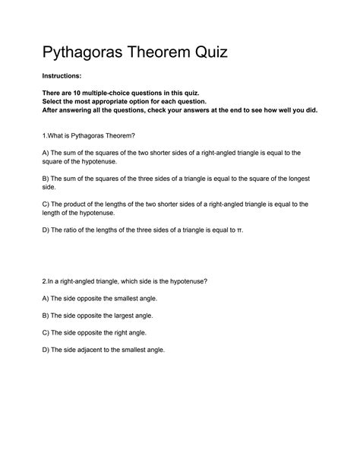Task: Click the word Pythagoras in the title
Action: point(94,54)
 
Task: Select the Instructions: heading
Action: point(65,78)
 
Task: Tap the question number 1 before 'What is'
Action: point(44,135)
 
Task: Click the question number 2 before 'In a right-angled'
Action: point(44,281)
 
